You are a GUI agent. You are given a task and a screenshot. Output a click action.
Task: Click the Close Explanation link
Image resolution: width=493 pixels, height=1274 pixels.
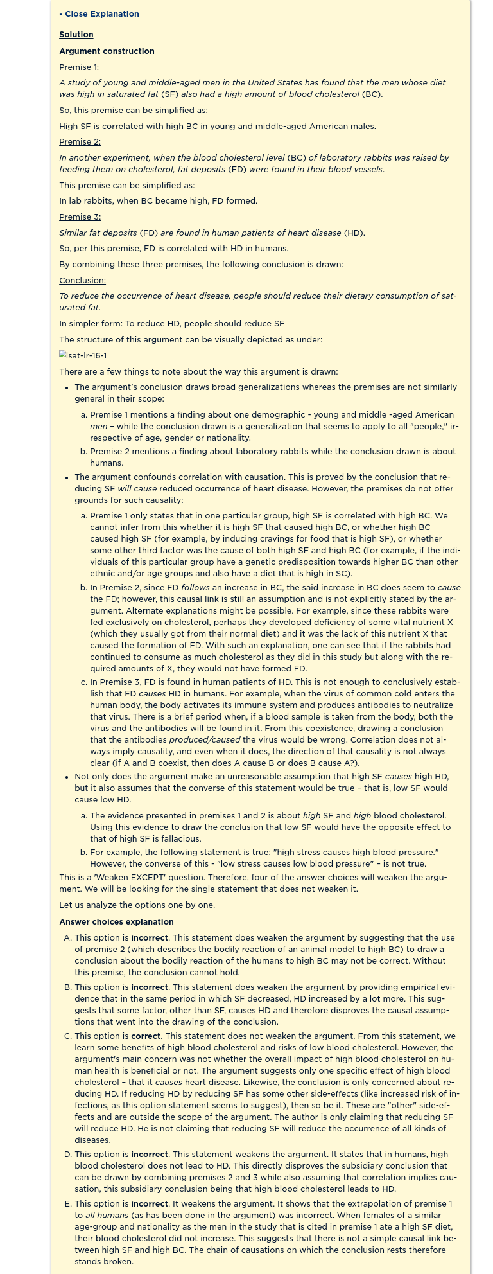(x=99, y=14)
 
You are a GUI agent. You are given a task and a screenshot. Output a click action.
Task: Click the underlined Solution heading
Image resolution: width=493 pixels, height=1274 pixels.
(x=76, y=35)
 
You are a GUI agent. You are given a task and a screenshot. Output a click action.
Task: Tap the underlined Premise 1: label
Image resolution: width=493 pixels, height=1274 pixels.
(x=79, y=67)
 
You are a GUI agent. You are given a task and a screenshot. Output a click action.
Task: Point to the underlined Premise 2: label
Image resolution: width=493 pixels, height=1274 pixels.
(x=80, y=142)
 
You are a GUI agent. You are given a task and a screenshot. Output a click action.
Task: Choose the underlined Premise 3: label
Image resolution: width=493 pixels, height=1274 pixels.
(x=80, y=217)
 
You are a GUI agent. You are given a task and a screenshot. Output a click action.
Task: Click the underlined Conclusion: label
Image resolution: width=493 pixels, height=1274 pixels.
(x=82, y=281)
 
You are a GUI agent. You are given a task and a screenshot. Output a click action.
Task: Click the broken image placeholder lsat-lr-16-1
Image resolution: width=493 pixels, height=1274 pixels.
(x=83, y=356)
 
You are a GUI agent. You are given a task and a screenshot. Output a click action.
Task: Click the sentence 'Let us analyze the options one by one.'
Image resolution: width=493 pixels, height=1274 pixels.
(x=137, y=905)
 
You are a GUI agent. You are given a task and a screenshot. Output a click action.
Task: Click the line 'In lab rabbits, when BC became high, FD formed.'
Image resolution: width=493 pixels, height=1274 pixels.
(x=158, y=201)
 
